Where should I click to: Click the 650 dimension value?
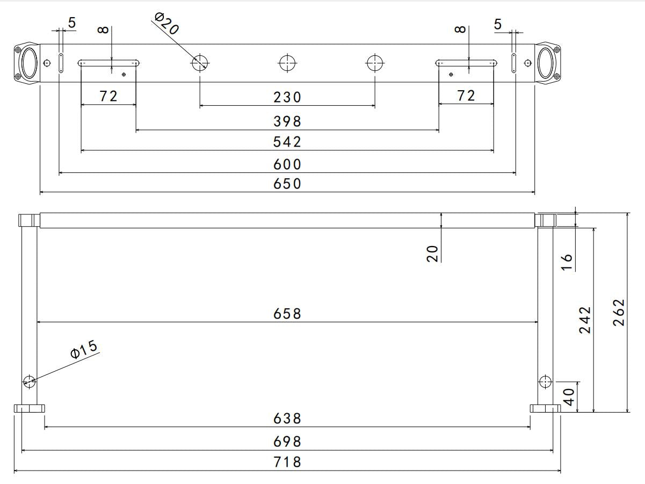287,184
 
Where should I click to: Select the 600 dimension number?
287,164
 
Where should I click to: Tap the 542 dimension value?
287,142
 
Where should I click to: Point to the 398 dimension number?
287,121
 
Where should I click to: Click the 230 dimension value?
287,97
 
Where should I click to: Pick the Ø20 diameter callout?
166,24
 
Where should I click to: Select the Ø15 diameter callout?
84,349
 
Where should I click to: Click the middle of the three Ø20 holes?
287,63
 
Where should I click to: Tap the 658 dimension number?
287,314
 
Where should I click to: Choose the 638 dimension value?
287,418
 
